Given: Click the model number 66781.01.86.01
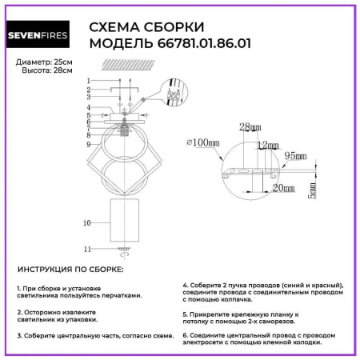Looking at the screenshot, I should (195, 44).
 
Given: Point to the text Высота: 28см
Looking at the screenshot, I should (46, 71).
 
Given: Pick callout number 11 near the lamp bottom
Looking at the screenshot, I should (88, 249).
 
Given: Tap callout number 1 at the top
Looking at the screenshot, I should (89, 82).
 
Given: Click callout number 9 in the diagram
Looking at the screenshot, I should (89, 144).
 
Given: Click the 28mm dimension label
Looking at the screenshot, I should (250, 127).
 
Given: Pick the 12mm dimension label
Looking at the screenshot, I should (268, 145).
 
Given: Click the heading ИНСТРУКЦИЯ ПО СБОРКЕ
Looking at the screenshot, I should (70, 270).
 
